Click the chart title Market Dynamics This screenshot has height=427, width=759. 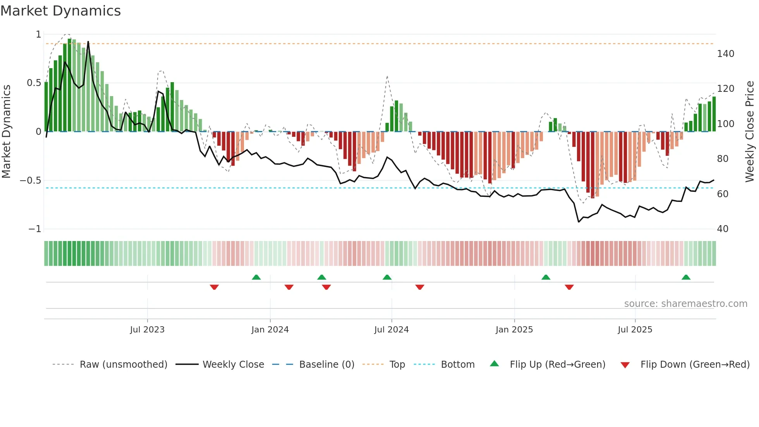tap(61, 11)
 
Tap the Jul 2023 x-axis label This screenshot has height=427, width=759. tap(147, 330)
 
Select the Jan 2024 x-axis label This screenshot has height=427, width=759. tap(270, 330)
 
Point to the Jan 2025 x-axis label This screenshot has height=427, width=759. tap(514, 330)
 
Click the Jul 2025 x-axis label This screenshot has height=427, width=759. tap(635, 330)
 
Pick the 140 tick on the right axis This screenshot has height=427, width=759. tap(725, 54)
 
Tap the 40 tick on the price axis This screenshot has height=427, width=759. tap(723, 229)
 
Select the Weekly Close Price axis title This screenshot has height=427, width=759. tap(750, 132)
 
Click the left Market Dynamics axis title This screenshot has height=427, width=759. tap(6, 132)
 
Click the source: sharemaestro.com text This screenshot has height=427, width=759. tap(685, 304)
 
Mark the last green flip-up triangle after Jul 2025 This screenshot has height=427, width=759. tap(686, 277)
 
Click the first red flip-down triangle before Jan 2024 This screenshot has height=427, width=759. tap(214, 287)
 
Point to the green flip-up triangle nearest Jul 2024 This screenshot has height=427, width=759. tap(387, 277)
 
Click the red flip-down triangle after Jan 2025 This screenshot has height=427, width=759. tap(569, 287)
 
